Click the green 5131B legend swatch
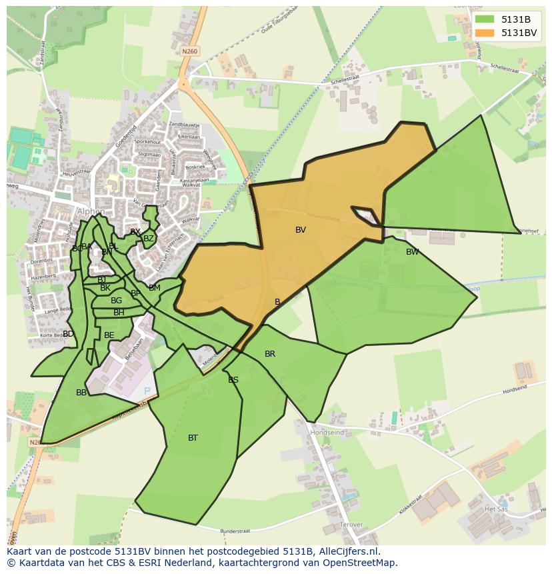(485, 19)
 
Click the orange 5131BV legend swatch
(485, 33)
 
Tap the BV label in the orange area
(301, 230)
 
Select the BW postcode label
(413, 252)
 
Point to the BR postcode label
(270, 354)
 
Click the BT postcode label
(193, 438)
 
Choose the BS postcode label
(233, 380)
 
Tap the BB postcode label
(81, 393)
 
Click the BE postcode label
(109, 335)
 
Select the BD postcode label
(68, 334)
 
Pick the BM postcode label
(155, 288)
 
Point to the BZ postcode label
(149, 239)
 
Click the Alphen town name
(91, 212)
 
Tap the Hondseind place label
(327, 433)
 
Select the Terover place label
(351, 525)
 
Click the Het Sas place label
(495, 509)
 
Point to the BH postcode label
(119, 313)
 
